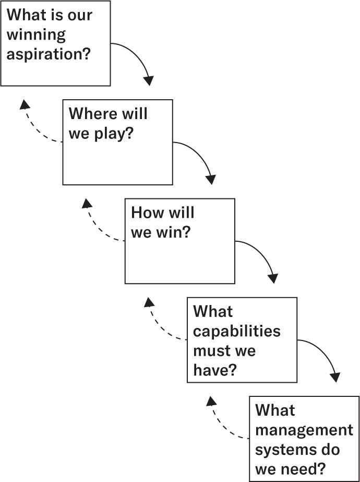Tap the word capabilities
[236, 331]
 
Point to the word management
[304, 430]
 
